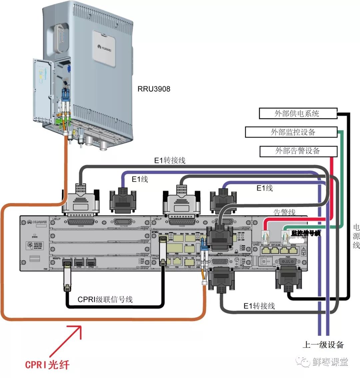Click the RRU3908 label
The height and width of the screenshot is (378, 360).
coord(154,89)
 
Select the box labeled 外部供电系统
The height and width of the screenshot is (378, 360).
coord(297,113)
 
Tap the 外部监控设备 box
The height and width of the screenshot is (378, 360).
coord(291,132)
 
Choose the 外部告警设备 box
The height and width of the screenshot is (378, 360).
coord(298,151)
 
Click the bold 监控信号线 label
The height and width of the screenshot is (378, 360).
coord(306,233)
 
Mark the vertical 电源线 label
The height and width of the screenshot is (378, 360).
coord(356,236)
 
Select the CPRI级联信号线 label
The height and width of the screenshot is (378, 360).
coord(105,299)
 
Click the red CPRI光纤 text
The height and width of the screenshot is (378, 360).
coord(47,364)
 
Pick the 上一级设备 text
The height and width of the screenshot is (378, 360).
coord(323,345)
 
